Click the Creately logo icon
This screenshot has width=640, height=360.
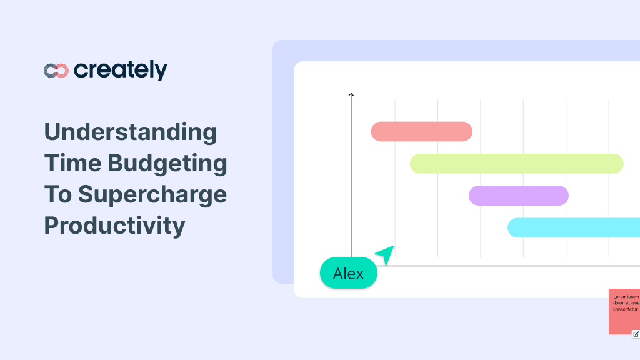point(56,71)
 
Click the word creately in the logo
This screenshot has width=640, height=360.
point(120,70)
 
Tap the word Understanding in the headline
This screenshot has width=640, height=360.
point(130,132)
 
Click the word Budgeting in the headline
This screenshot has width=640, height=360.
point(167,163)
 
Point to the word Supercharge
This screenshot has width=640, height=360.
point(152,194)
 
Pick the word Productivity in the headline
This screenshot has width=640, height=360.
point(114,225)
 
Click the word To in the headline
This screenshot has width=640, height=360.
point(56,194)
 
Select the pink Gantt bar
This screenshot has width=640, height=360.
point(421,131)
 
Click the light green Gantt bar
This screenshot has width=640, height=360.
point(516,163)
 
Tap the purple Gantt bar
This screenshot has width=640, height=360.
point(518,196)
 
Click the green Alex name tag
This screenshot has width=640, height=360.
point(348,273)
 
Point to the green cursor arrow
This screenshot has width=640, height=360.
point(386,254)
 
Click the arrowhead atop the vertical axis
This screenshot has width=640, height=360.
point(351,95)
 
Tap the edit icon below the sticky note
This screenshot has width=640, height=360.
point(636,334)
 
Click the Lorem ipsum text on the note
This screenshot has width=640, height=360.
point(626,296)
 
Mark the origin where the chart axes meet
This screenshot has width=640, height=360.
point(351,266)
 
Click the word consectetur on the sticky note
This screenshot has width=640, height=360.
point(626,309)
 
